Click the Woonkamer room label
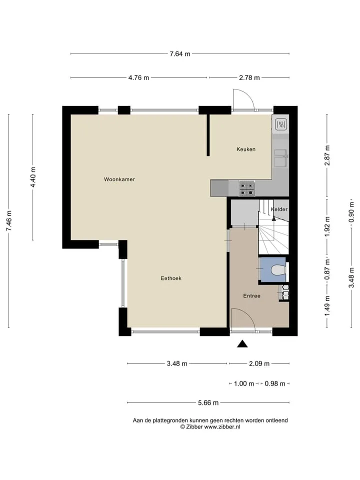point(119,179)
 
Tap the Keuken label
point(246,149)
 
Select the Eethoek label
point(171,278)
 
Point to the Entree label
point(251,295)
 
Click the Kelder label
point(279,209)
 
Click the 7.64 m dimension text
point(180,54)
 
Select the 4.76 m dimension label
point(138,78)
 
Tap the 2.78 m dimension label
point(249,78)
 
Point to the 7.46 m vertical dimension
point(9,221)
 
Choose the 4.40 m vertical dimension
point(33,177)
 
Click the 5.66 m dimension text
point(208,403)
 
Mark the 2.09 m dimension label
point(259,363)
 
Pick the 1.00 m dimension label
point(244,383)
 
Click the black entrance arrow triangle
point(242,344)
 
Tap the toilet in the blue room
point(278,270)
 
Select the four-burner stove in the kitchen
point(247,189)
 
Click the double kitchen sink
point(280,158)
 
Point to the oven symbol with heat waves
point(280,124)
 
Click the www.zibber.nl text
point(222,426)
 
